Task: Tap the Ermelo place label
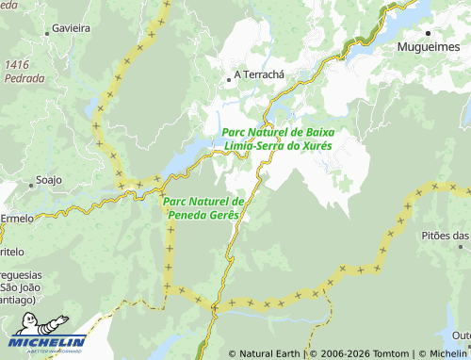(x=16, y=218)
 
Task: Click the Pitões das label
(x=445, y=235)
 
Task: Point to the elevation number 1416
(x=18, y=63)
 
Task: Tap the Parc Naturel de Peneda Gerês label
(x=203, y=208)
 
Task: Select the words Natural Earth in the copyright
(x=268, y=354)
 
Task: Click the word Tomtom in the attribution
(x=386, y=354)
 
